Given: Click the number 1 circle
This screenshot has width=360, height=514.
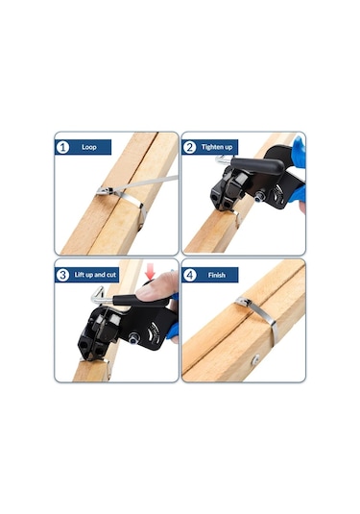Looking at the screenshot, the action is click(62, 147).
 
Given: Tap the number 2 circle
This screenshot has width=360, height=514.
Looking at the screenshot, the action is click(189, 147).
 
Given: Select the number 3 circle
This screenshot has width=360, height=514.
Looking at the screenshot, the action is click(62, 275).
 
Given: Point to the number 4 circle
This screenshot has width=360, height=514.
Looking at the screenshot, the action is click(189, 275).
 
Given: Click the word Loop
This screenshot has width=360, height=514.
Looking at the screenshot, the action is click(88, 147).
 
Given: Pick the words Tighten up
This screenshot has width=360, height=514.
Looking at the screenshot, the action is click(217, 147).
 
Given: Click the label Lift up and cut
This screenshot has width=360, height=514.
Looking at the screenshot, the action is click(95, 275).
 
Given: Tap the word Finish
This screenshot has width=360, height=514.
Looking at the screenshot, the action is click(217, 275).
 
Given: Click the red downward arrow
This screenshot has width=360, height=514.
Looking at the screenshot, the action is click(151, 273).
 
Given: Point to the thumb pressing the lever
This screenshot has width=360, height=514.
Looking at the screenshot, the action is click(155, 288).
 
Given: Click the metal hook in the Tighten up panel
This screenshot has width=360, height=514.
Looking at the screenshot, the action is click(224, 160).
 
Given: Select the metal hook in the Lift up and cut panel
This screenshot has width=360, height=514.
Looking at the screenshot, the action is click(99, 296).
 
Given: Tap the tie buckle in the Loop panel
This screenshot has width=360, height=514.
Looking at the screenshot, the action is click(105, 191).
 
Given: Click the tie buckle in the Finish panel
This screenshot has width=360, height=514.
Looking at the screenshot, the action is click(243, 302).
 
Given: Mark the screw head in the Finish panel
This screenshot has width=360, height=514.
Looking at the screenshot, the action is click(255, 358).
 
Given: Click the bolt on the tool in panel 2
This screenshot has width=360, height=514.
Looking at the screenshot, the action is click(260, 196).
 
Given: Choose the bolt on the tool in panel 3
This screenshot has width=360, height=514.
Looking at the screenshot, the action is click(134, 338).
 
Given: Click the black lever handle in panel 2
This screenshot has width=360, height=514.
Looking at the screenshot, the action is click(257, 165).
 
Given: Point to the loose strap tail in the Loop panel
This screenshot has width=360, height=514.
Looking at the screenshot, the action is click(145, 183).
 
